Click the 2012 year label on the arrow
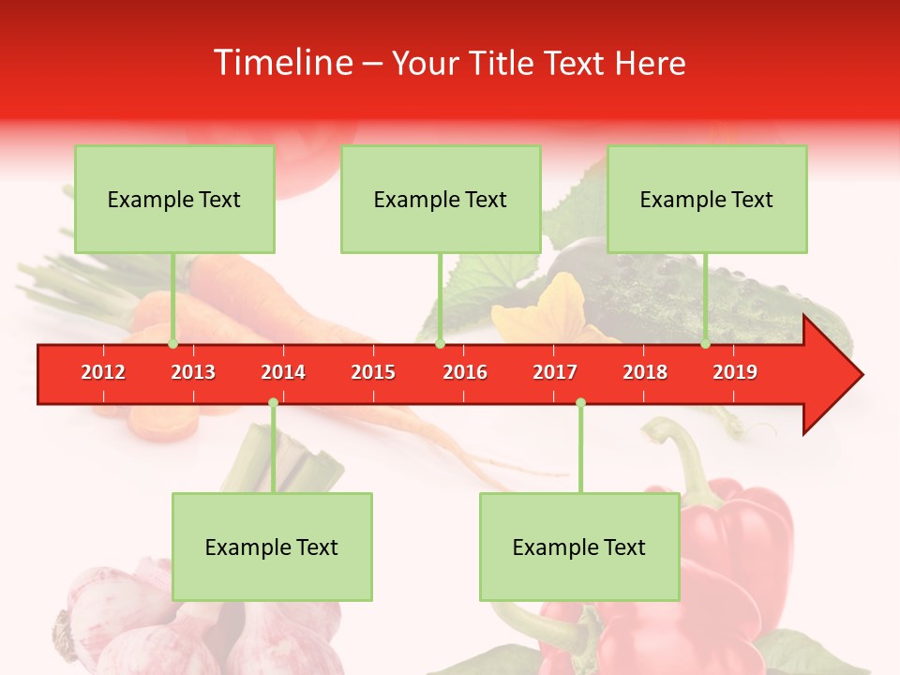click(x=103, y=372)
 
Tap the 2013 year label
click(x=193, y=372)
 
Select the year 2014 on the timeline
click(x=283, y=372)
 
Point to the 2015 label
click(x=373, y=372)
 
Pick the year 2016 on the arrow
click(x=465, y=372)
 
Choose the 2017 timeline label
click(x=555, y=372)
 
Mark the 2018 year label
click(x=645, y=372)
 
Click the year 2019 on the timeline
click(x=735, y=372)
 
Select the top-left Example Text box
click(x=174, y=199)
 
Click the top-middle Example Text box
click(x=441, y=199)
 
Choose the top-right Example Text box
click(x=707, y=199)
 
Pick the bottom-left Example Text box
click(x=272, y=547)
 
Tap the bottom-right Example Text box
click(x=579, y=547)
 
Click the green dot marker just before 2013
click(x=172, y=343)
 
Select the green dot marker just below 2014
click(x=273, y=403)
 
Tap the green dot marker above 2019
click(x=705, y=343)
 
